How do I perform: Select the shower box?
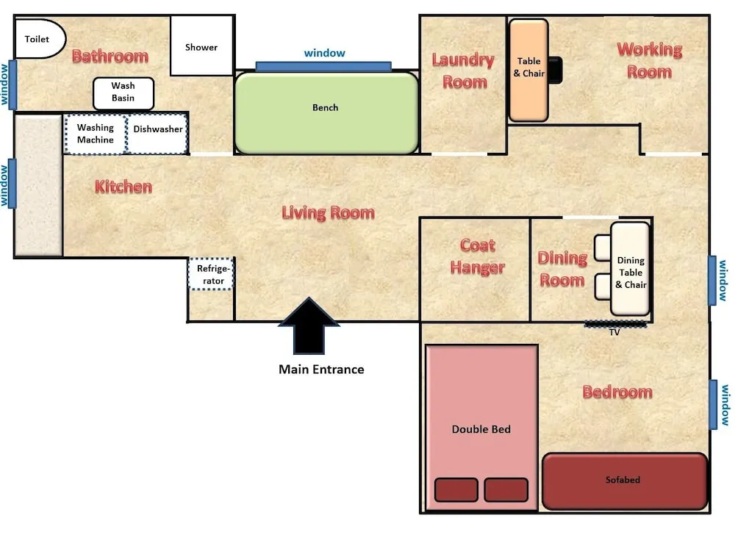pyautogui.click(x=201, y=46)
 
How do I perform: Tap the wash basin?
pyautogui.click(x=123, y=93)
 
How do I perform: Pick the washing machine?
pyautogui.click(x=96, y=134)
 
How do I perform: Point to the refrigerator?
pyautogui.click(x=211, y=273)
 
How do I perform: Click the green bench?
pyautogui.click(x=326, y=112)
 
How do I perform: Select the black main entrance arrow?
pyautogui.click(x=309, y=325)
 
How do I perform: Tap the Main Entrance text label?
pyautogui.click(x=321, y=370)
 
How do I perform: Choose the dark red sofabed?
pyautogui.click(x=624, y=480)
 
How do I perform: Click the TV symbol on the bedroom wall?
pyautogui.click(x=614, y=323)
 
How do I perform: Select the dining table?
pyautogui.click(x=631, y=268)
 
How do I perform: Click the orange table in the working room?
pyautogui.click(x=528, y=71)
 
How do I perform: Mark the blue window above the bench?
pyautogui.click(x=323, y=66)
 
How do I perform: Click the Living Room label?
pyautogui.click(x=328, y=213)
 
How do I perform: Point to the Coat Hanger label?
pyautogui.click(x=477, y=256)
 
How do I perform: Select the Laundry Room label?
pyautogui.click(x=463, y=71)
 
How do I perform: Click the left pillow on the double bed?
pyautogui.click(x=456, y=490)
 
